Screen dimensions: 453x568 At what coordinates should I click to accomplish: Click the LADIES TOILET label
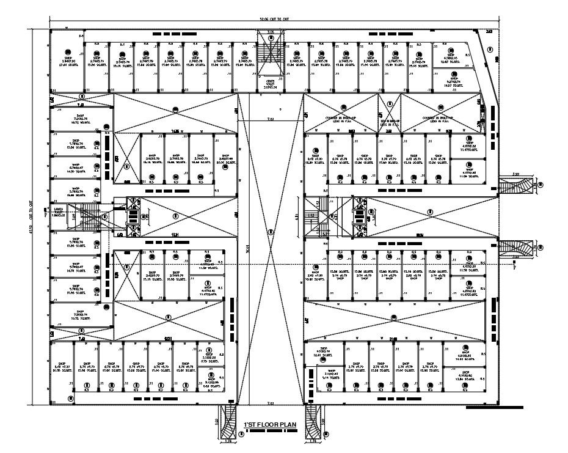(60, 211)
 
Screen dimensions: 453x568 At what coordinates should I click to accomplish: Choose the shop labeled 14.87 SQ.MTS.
(454, 82)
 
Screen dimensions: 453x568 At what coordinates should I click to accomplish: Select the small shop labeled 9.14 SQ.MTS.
(332, 374)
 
